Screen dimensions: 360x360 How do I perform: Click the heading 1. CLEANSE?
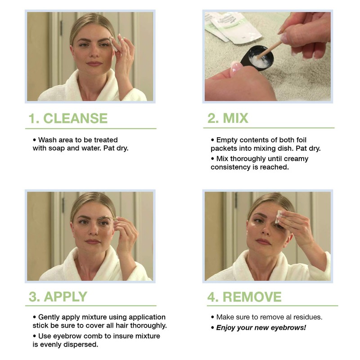(x=68, y=118)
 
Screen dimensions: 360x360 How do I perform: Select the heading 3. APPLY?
(x=58, y=297)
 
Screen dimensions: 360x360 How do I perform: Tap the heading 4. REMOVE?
(x=244, y=297)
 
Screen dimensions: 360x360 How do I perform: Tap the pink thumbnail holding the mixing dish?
(x=235, y=67)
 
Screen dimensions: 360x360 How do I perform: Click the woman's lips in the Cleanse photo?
(x=94, y=63)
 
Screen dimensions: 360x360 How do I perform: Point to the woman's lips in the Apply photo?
(x=93, y=242)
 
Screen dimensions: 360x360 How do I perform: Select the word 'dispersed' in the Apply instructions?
(x=82, y=345)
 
